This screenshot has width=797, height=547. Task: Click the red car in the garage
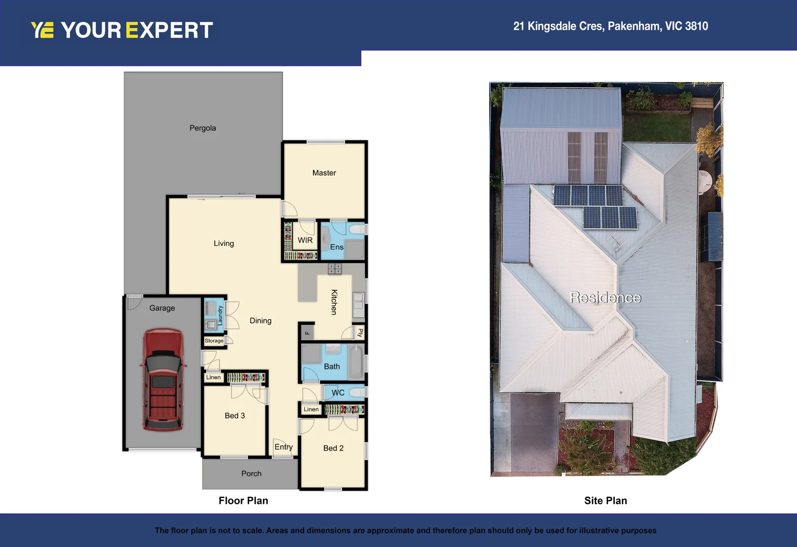point(163,380)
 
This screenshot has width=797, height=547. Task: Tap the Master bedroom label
point(324,173)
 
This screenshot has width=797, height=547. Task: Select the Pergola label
point(203,128)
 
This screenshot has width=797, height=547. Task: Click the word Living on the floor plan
point(224,244)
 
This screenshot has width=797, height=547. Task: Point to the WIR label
point(305,240)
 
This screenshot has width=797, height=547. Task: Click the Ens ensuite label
point(337,247)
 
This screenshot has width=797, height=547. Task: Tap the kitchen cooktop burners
point(335,269)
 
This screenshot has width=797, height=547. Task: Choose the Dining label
point(260,321)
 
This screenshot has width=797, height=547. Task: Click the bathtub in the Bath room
point(357,361)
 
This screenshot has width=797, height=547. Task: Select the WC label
point(338,393)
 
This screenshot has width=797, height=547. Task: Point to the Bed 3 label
point(234,416)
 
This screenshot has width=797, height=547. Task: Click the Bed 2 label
point(333,448)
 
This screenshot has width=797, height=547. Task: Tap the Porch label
point(251,474)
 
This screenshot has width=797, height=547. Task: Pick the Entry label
point(284,447)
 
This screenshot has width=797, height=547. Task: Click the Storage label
point(214,341)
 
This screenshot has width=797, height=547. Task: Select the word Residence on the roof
point(606,297)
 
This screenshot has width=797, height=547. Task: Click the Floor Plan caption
point(244,501)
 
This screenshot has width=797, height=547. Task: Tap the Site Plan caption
point(606,501)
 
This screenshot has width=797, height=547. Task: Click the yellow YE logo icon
point(42,30)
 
